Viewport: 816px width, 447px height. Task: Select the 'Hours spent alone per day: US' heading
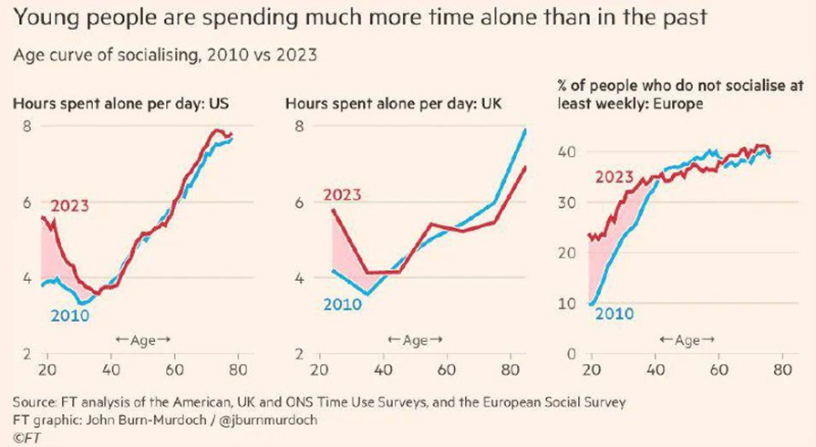[x=120, y=103]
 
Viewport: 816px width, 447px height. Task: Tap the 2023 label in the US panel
[x=69, y=205]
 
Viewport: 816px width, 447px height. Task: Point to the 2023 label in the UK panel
[x=342, y=194]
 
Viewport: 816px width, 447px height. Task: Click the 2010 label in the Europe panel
[x=615, y=315]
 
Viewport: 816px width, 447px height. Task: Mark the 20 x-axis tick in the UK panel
[x=320, y=371]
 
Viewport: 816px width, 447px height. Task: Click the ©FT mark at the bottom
[x=26, y=436]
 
